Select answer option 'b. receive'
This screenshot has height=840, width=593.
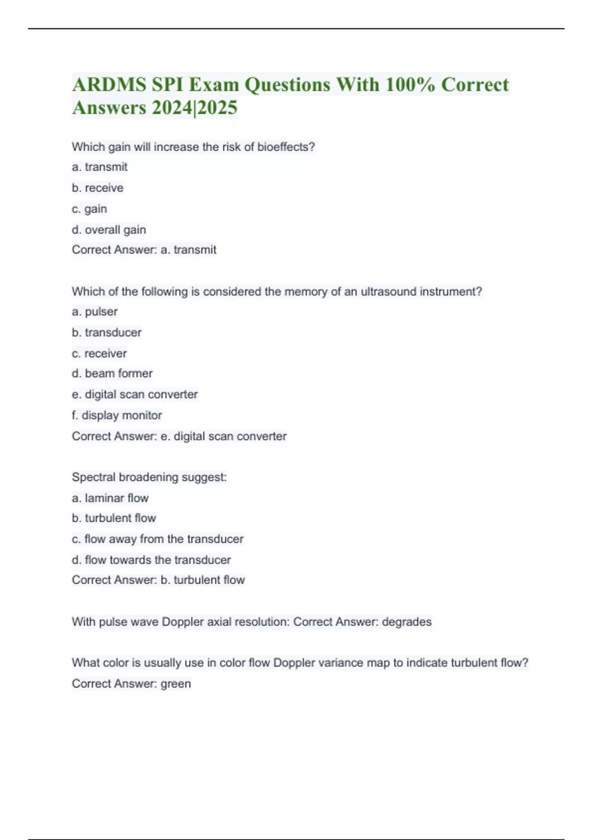tap(97, 188)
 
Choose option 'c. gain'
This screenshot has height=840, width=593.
tap(89, 209)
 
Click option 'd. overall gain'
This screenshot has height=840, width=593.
tap(109, 230)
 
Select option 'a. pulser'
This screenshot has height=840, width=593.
tap(94, 312)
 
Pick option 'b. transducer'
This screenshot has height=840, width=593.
tap(106, 333)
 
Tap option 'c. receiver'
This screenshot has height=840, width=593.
tap(99, 353)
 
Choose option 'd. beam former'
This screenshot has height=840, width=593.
tap(112, 374)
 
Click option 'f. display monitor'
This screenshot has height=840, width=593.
tap(117, 416)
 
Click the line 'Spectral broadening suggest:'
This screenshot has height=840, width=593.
tap(149, 477)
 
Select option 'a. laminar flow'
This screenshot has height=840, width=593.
tap(110, 498)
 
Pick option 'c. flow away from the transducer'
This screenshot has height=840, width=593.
tap(158, 539)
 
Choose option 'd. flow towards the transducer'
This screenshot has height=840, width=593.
tap(151, 560)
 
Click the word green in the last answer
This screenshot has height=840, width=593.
tap(176, 684)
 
